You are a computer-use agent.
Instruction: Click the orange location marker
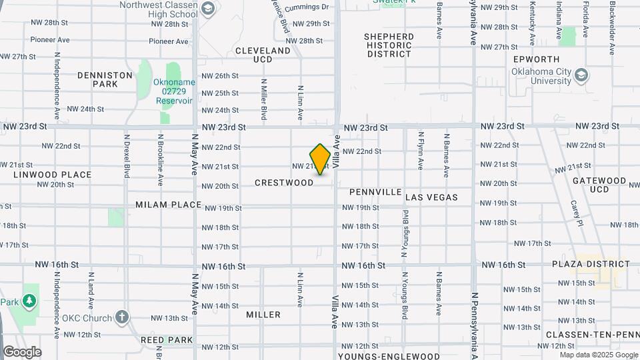[320, 159]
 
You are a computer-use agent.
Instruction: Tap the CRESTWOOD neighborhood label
[284, 183]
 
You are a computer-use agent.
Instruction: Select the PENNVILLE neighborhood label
[376, 192]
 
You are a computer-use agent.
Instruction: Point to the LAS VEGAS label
[431, 197]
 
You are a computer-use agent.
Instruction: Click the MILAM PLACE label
[168, 205]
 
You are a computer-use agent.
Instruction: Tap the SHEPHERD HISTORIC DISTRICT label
[389, 45]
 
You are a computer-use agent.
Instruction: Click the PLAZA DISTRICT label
[591, 264]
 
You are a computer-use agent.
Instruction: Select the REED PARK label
[167, 339]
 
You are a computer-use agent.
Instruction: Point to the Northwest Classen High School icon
[207, 9]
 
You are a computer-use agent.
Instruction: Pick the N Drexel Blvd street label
[126, 155]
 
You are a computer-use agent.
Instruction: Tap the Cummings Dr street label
[307, 7]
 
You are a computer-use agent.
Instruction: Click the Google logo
[22, 352]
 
